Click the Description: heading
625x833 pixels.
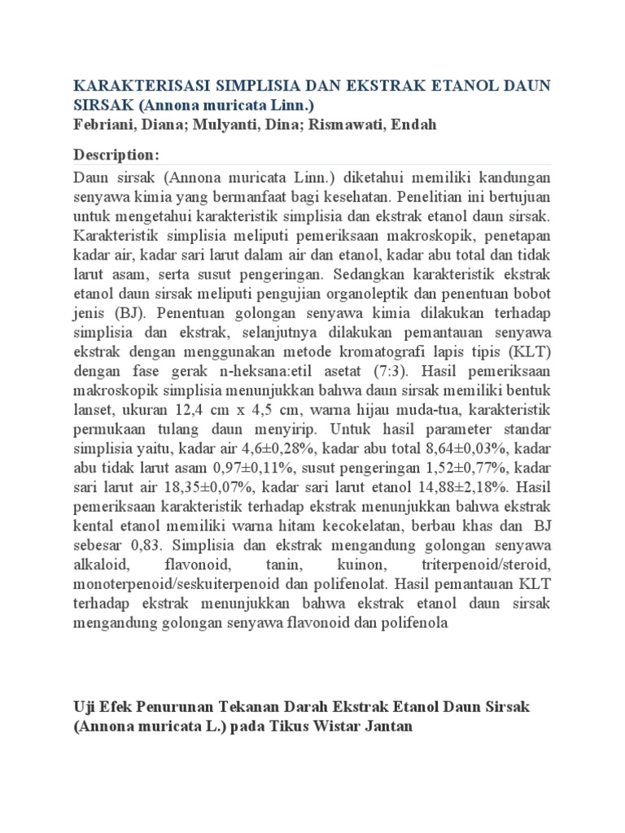point(116,155)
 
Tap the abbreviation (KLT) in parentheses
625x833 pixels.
point(533,351)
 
